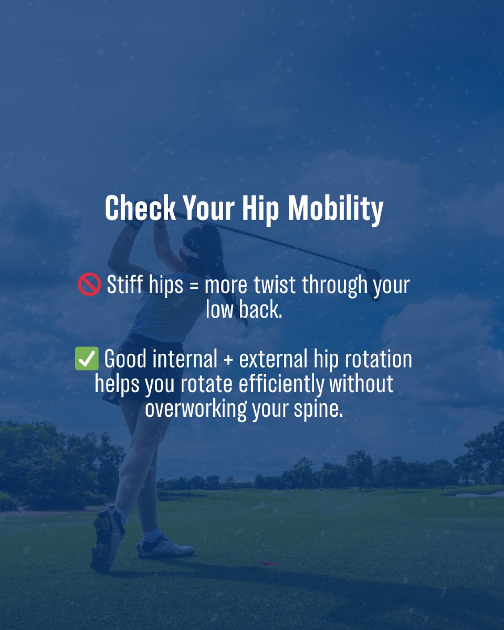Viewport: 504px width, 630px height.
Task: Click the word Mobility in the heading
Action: point(335,209)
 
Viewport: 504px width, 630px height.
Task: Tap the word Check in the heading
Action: point(141,208)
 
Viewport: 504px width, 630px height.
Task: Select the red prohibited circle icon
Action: point(89,284)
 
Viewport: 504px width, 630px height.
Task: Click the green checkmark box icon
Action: point(87,359)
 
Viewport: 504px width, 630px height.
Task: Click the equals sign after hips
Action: point(194,286)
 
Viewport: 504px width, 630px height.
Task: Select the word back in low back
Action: point(260,309)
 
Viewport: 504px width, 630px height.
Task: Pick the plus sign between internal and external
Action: point(228,360)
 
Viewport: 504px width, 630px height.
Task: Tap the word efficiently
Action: point(281,385)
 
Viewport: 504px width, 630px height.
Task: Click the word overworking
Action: point(196,409)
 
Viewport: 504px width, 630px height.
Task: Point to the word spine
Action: point(318,410)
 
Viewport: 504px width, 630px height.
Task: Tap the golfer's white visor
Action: point(190,251)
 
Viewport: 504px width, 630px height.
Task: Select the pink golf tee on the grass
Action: point(269,563)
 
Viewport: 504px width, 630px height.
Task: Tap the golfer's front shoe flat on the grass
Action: point(165,547)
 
